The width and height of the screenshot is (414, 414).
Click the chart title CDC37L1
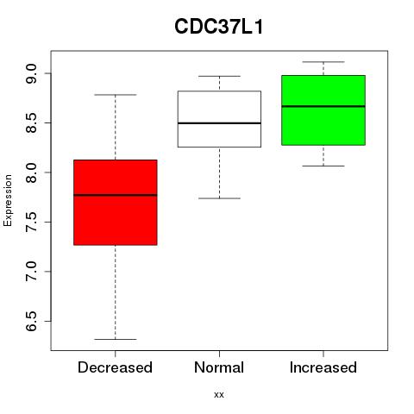pyautogui.click(x=219, y=27)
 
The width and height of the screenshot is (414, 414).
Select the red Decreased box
pyautogui.click(x=116, y=203)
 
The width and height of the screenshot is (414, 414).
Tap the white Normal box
pyautogui.click(x=219, y=119)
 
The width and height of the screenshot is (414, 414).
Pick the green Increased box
pyautogui.click(x=323, y=110)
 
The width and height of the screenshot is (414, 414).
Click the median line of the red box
pyautogui.click(x=116, y=195)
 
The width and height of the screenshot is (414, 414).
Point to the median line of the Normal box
pyautogui.click(x=219, y=123)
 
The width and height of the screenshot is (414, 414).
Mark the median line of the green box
pyautogui.click(x=323, y=106)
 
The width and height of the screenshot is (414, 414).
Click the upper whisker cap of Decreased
pyautogui.click(x=116, y=95)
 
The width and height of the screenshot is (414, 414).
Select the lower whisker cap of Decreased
pyautogui.click(x=116, y=339)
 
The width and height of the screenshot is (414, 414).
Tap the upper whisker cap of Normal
pyautogui.click(x=219, y=76)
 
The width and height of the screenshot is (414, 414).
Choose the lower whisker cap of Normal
pyautogui.click(x=219, y=198)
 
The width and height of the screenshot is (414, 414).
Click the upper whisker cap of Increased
pyautogui.click(x=323, y=62)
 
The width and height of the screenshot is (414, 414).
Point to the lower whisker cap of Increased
pyautogui.click(x=323, y=166)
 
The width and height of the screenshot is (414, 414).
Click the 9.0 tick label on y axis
pyautogui.click(x=31, y=73)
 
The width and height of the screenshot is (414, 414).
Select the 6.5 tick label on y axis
pyautogui.click(x=31, y=321)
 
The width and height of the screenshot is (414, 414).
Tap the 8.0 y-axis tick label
pyautogui.click(x=31, y=172)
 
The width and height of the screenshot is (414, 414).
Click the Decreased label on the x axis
pyautogui.click(x=115, y=367)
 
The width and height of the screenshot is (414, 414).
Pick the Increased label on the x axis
pyautogui.click(x=323, y=367)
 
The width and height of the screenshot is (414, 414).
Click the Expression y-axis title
pyautogui.click(x=8, y=200)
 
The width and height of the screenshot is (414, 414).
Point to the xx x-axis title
pyautogui.click(x=219, y=395)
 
